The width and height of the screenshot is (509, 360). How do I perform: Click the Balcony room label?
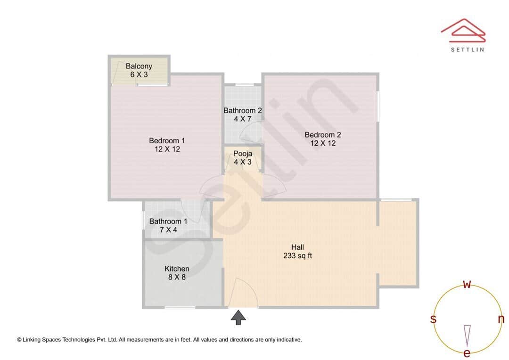tap(139, 66)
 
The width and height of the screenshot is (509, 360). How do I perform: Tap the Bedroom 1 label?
tap(167, 140)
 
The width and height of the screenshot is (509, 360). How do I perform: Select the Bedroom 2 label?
tap(323, 135)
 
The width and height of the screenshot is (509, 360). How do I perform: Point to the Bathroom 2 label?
tap(243, 111)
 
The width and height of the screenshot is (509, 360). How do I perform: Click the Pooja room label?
tap(243, 154)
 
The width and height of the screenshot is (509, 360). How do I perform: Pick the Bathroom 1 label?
tap(168, 221)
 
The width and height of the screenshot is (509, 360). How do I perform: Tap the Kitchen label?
tap(177, 269)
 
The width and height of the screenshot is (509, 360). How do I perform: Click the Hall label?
tap(297, 247)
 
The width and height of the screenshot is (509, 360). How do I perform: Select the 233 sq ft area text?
tap(297, 256)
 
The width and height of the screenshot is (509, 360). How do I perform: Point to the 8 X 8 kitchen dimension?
tap(177, 278)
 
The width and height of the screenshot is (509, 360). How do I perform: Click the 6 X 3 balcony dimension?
tap(139, 75)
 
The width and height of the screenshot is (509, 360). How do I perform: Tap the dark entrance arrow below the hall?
tap(238, 317)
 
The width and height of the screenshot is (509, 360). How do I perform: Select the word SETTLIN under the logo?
tap(467, 49)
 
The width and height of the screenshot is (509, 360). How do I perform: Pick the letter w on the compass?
tap(467, 284)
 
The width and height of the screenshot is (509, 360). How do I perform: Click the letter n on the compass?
tap(501, 319)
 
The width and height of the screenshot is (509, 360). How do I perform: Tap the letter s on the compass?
tap(433, 319)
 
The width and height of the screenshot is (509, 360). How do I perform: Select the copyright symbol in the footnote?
tap(19, 339)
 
